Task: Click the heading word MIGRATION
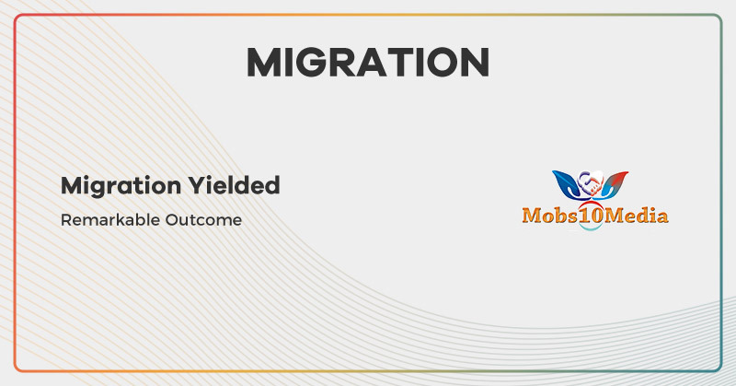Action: tap(367, 62)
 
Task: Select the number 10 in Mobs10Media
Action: tap(590, 216)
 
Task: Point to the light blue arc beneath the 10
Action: tap(590, 228)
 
